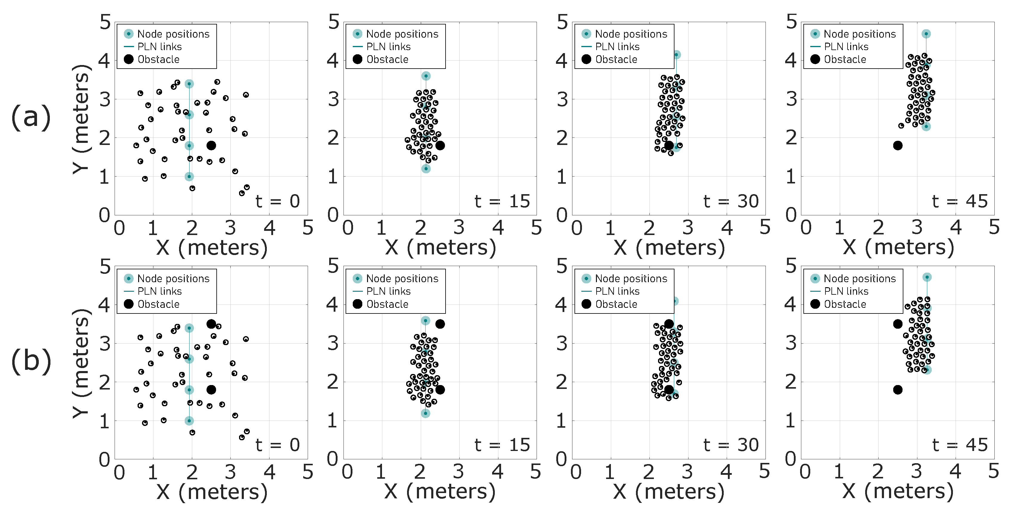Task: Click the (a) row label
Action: coord(31,117)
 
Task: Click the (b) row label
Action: coord(31,361)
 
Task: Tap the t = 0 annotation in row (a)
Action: coord(277,201)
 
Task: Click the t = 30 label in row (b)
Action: coord(731,445)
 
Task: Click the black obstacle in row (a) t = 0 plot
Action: coord(211,146)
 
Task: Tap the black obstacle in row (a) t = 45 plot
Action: coord(898,146)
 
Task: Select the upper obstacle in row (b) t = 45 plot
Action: coord(898,324)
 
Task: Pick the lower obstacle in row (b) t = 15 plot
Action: coord(440,390)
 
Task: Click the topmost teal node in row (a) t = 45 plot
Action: coord(926,34)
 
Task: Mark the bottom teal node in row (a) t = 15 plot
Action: coord(426,169)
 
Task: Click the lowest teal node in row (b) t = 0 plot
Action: coord(189,421)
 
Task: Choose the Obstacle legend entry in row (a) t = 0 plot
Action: coord(158,59)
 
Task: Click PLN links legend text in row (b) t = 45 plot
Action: coord(846,291)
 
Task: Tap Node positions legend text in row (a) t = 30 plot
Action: coord(631,34)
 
